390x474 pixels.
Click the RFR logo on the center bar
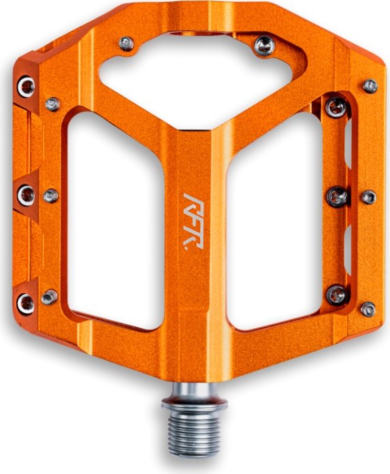coord(194,221)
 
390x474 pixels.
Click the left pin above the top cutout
coord(127,44)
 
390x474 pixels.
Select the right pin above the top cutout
coord(264,46)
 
